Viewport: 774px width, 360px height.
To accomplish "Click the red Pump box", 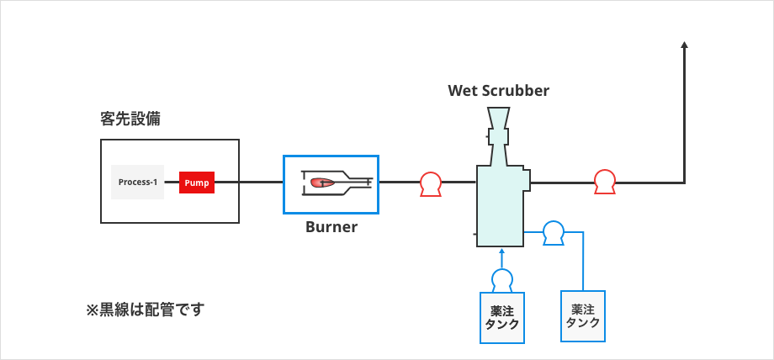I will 196,183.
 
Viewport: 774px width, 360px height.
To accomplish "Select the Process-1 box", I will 138,183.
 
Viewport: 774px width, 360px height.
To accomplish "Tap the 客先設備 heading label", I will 130,119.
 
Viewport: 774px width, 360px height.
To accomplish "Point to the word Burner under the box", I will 331,227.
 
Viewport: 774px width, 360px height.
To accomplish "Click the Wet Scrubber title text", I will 498,91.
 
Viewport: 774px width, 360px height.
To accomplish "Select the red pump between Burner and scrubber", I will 431,183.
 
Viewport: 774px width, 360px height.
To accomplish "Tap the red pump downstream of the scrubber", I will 604,181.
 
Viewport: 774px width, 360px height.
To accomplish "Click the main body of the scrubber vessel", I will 500,206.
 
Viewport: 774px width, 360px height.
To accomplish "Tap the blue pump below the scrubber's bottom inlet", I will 502,279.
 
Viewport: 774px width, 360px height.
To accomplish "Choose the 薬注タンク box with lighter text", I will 583,316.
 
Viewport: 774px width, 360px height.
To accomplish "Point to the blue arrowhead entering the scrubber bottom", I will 502,251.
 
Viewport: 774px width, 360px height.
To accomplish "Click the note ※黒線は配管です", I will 145,310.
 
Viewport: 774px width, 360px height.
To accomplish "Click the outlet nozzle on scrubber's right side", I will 525,180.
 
